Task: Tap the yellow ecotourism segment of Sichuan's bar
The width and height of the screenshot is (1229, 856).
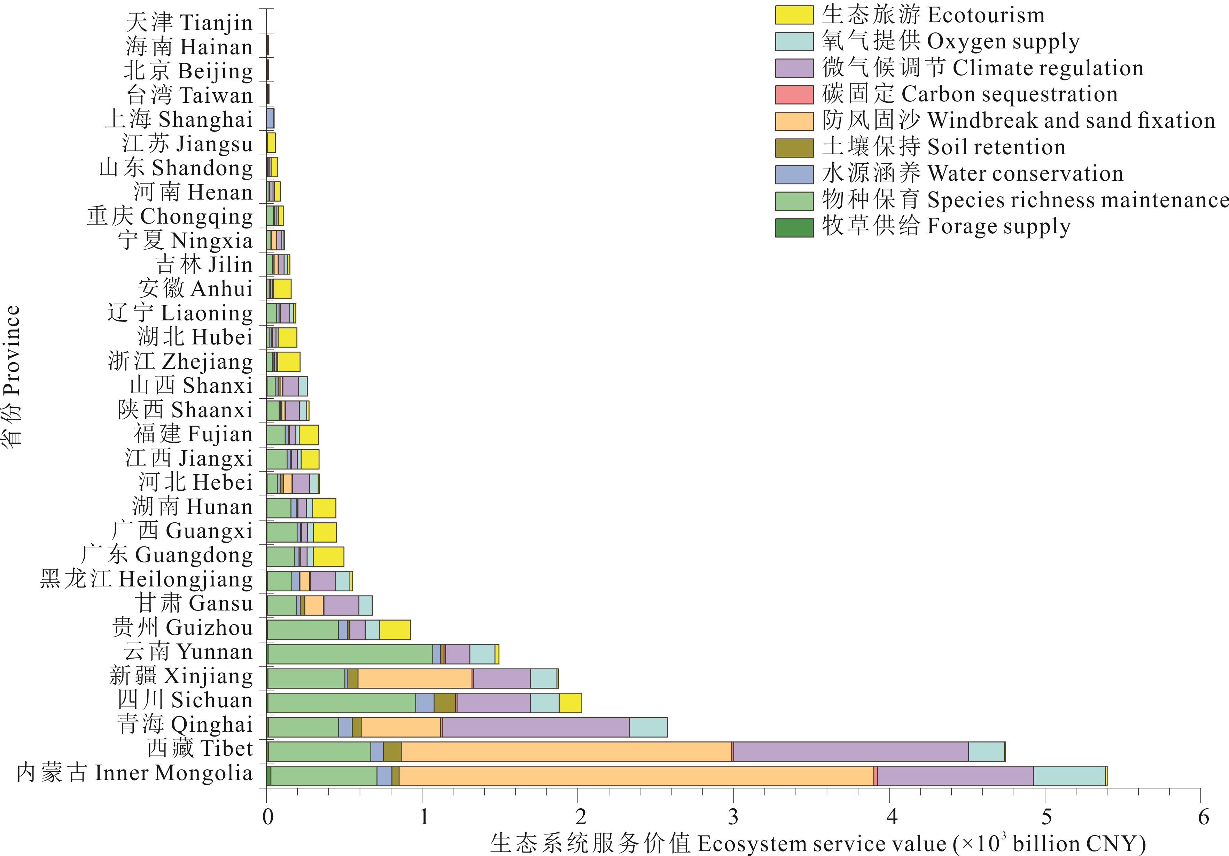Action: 570,702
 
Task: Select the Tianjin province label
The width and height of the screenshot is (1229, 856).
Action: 189,23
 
